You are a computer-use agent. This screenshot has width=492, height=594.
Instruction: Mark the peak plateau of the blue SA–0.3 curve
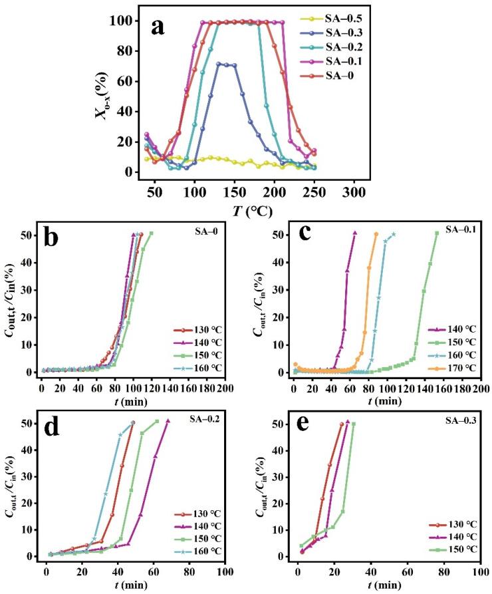(226, 65)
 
